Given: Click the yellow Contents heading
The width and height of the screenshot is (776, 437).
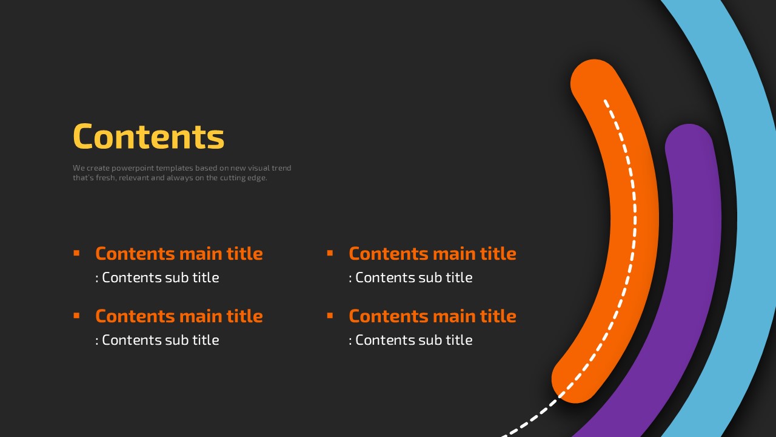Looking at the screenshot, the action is (x=149, y=137).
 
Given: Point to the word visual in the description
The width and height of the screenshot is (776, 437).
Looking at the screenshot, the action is (x=259, y=168).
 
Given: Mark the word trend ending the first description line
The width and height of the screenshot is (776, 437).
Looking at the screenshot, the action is (x=281, y=168).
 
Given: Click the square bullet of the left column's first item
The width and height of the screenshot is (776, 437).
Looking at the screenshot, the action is (x=76, y=253).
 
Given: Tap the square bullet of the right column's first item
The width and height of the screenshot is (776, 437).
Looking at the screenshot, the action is (x=330, y=253).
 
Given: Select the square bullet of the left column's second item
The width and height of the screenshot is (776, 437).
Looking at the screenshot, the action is (x=76, y=316).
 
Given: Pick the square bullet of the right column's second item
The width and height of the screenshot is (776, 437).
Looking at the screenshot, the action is (x=330, y=316).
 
